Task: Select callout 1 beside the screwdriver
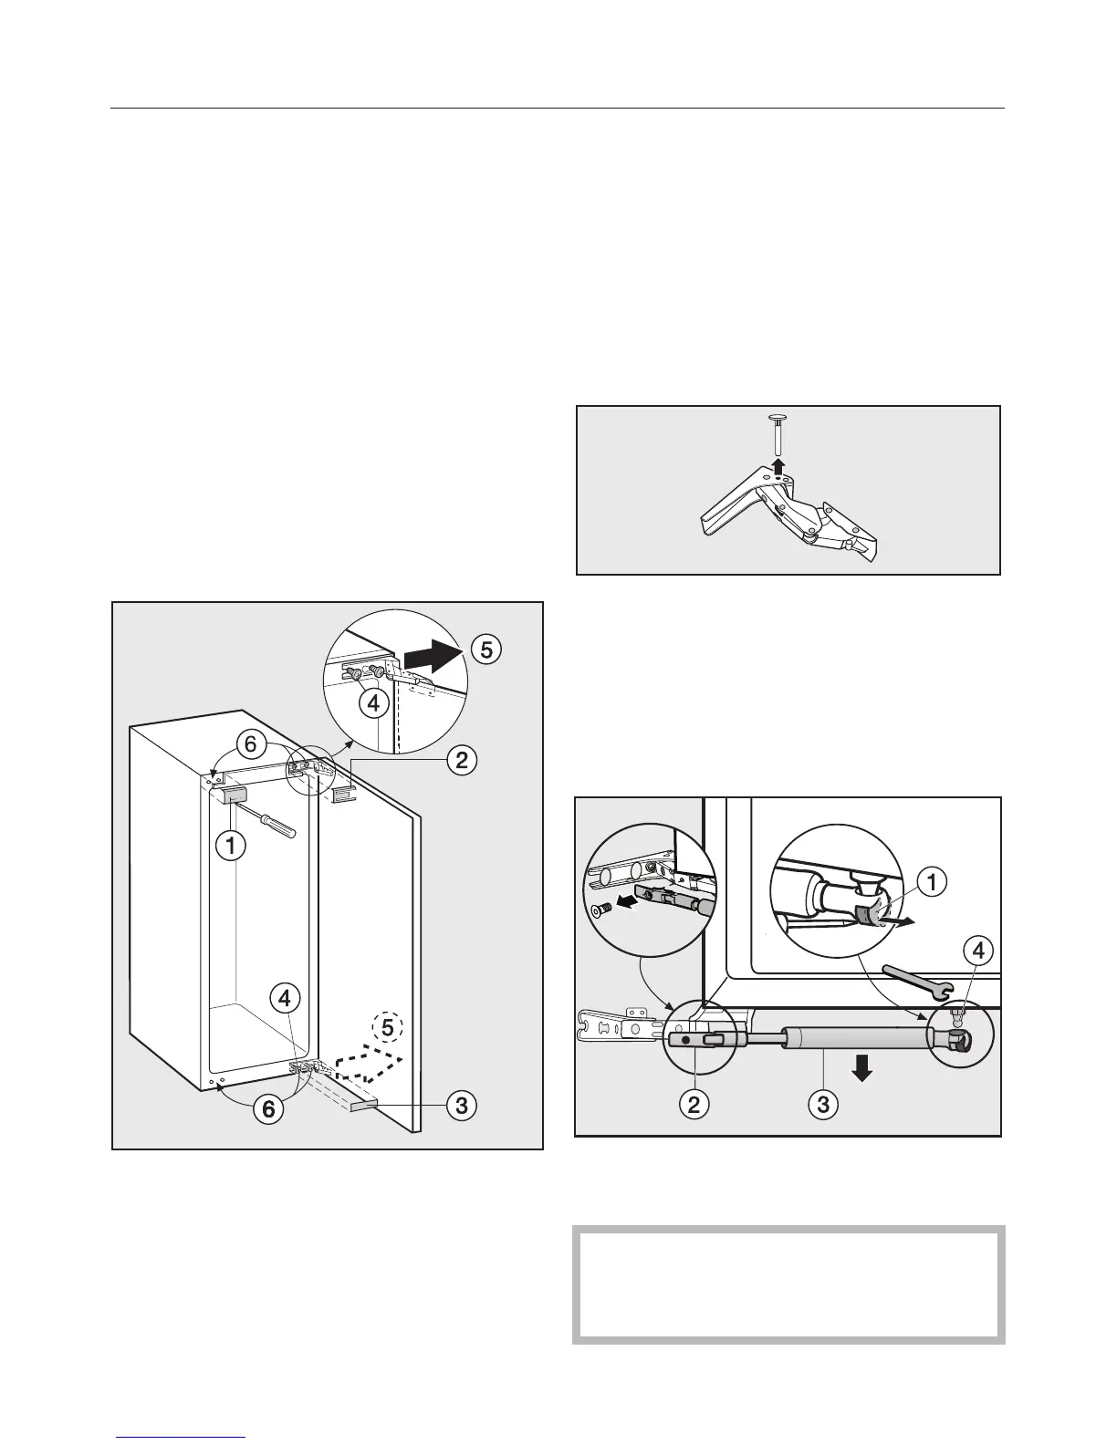coord(231,846)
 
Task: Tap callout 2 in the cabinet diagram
coord(462,760)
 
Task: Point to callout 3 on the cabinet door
coord(462,1106)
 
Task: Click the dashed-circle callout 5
coord(389,1027)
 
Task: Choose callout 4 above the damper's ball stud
coord(977,952)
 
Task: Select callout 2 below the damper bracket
coord(694,1105)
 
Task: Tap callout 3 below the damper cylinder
coord(824,1105)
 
